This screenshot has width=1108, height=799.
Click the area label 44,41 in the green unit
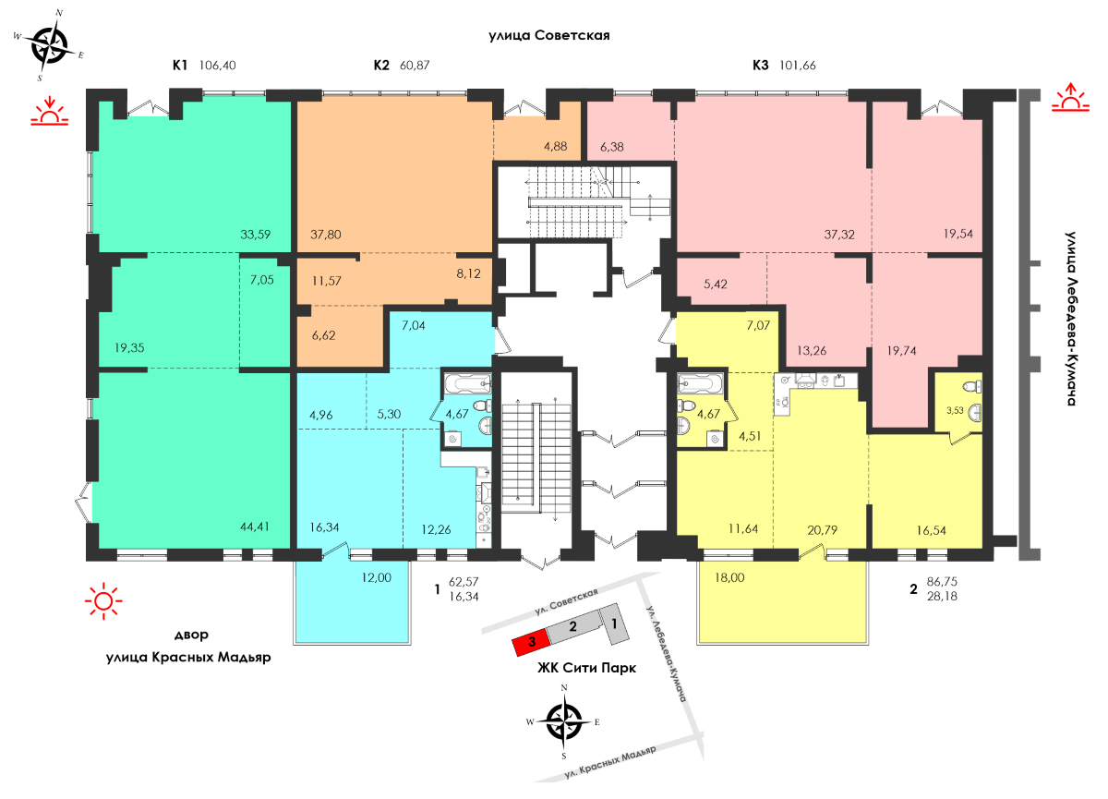click(x=255, y=527)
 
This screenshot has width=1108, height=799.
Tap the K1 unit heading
click(x=180, y=66)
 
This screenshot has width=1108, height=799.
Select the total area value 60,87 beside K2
click(x=415, y=66)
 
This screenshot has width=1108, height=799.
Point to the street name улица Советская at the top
click(x=549, y=36)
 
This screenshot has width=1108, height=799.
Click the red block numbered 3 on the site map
click(x=531, y=642)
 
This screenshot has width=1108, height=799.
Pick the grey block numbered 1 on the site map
click(x=615, y=623)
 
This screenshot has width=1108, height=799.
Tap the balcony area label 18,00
click(x=729, y=577)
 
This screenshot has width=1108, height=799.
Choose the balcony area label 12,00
click(x=377, y=577)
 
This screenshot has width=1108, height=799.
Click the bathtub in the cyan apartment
click(x=468, y=383)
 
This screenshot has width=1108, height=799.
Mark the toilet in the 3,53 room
click(x=973, y=386)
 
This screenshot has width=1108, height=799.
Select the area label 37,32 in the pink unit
click(x=839, y=234)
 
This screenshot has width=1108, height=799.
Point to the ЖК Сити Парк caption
click(x=586, y=668)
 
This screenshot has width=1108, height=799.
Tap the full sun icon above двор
click(x=103, y=601)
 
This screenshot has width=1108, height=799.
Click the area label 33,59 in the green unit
click(x=255, y=234)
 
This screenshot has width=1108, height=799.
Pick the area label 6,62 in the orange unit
click(x=323, y=335)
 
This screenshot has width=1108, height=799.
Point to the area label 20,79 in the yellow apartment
click(x=822, y=530)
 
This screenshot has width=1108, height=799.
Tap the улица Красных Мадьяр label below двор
click(x=188, y=657)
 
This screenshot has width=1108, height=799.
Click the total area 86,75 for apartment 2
click(x=943, y=582)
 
